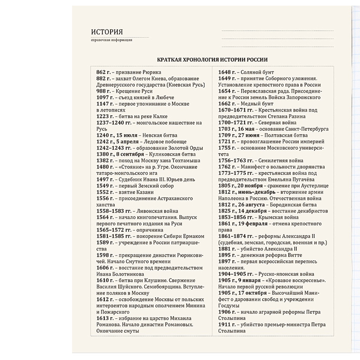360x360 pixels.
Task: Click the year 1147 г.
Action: (x=106, y=104)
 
